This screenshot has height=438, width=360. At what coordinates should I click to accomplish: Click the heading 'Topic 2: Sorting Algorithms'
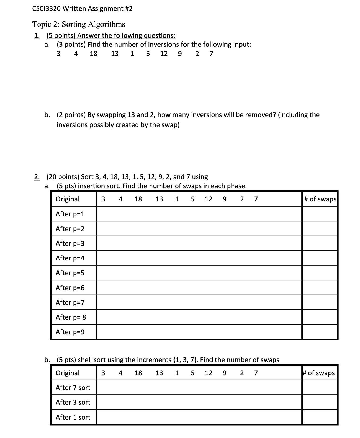coord(79,24)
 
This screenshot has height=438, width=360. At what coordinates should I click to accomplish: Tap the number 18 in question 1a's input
coord(94,54)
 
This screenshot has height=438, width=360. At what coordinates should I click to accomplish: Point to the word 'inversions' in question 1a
coord(160,44)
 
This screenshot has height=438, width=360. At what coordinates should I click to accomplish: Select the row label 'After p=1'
coord(70,214)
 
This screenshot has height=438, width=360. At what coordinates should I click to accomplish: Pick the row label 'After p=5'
coord(70,273)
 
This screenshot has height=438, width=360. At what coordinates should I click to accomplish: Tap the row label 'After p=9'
coord(70,332)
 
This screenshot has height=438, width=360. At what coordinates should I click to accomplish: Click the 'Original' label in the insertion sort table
coord(68,199)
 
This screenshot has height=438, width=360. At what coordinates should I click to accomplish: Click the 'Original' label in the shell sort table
coord(68,373)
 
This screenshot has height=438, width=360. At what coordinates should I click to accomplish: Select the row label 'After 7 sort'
coord(73,388)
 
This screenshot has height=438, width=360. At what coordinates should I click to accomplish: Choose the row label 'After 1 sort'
coord(73,417)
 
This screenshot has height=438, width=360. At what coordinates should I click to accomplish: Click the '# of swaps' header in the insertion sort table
coord(320,199)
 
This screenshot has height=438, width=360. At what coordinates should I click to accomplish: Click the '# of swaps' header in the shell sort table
coord(319,373)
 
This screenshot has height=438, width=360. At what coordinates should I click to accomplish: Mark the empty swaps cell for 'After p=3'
coord(320,243)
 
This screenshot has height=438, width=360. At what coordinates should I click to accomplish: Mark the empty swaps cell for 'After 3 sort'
coord(320,402)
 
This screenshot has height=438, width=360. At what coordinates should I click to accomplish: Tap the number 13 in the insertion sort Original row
coord(159,199)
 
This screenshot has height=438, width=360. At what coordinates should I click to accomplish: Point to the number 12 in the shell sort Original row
coord(209,373)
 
